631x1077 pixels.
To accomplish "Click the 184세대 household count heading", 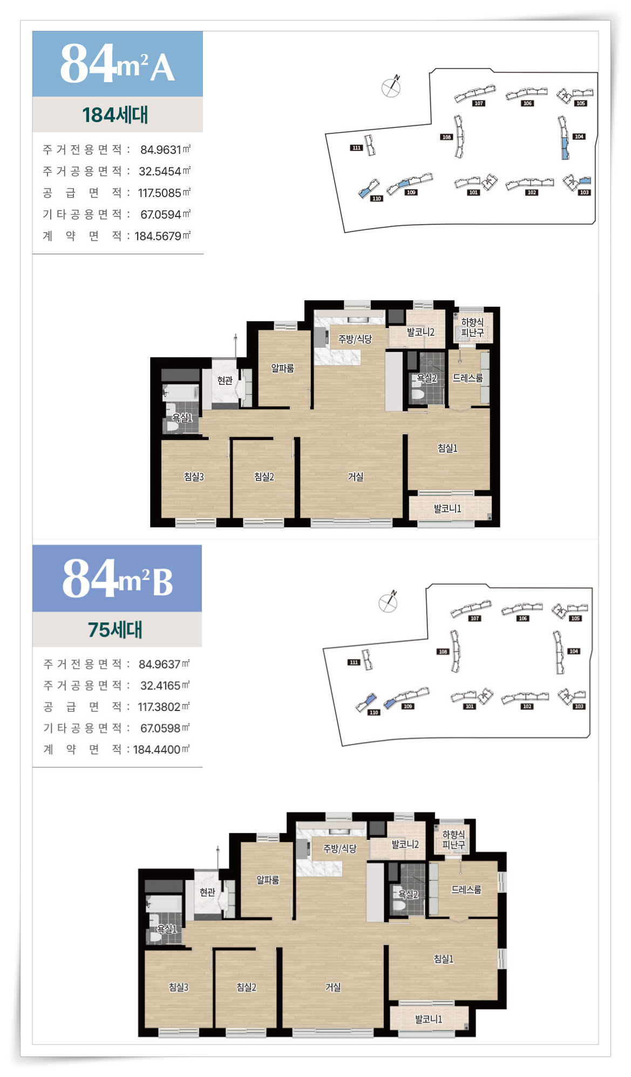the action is point(115,115).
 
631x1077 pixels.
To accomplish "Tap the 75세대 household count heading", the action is point(115,629).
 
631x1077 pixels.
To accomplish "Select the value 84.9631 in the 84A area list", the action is point(160,150).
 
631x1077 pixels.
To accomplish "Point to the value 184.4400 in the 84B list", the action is point(157,749).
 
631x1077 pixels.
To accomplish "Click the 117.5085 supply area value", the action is point(159,193).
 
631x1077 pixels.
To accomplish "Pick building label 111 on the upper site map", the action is point(356,147).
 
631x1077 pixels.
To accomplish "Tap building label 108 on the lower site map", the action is point(443,652).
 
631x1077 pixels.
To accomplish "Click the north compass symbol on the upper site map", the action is point(391,86).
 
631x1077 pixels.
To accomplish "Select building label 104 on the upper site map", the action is point(579,137).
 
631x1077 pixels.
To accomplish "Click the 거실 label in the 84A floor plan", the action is point(355,477).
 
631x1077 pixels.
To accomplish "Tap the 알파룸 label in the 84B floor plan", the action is point(268,880).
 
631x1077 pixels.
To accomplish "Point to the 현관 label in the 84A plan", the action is point(225,381).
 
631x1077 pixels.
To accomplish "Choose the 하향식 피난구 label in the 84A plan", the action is point(472,327).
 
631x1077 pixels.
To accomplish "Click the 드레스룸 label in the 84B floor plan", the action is point(466,890).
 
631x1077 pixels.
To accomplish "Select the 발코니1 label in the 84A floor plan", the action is point(447,509).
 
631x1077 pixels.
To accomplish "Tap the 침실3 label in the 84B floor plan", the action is point(179,987).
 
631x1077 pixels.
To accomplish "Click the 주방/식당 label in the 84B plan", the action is point(340,849).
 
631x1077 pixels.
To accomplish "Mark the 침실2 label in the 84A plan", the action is point(264,477).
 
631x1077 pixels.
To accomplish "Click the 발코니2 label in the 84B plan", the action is point(405,844).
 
